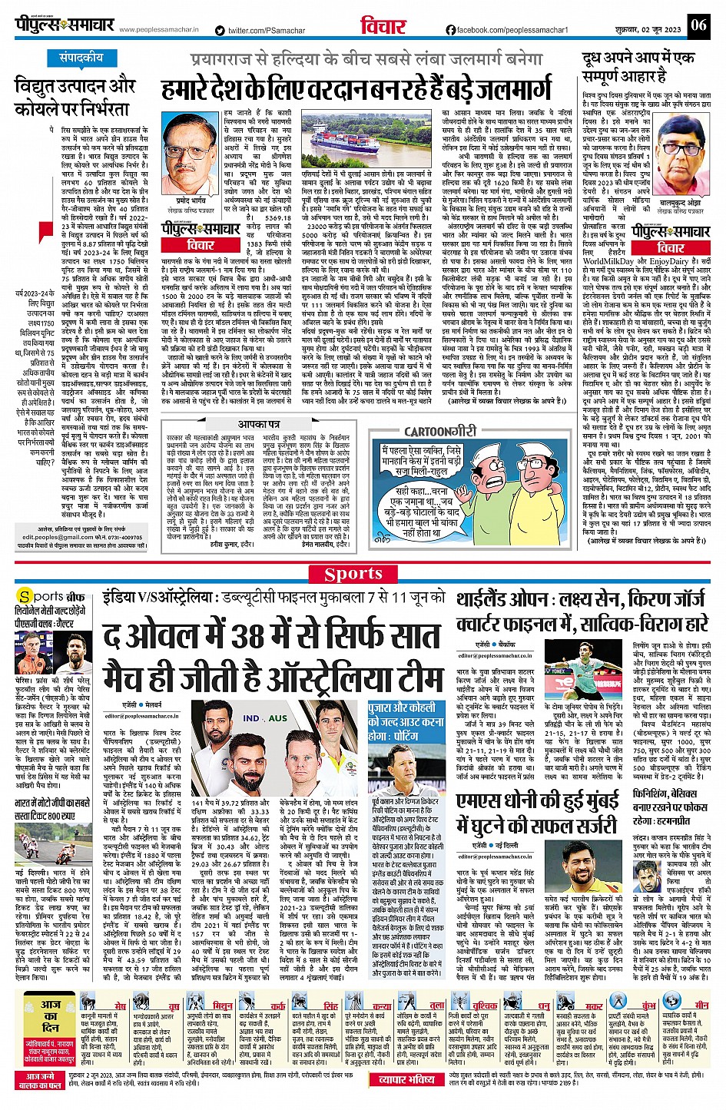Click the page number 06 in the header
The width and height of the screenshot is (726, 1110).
click(x=698, y=25)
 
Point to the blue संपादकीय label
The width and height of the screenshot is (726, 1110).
click(x=81, y=58)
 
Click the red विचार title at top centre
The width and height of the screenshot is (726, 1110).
click(x=383, y=27)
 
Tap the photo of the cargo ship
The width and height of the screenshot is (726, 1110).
click(x=366, y=148)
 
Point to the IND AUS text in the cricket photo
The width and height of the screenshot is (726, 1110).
click(x=265, y=718)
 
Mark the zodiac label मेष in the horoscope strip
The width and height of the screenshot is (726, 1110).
click(x=120, y=1005)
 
